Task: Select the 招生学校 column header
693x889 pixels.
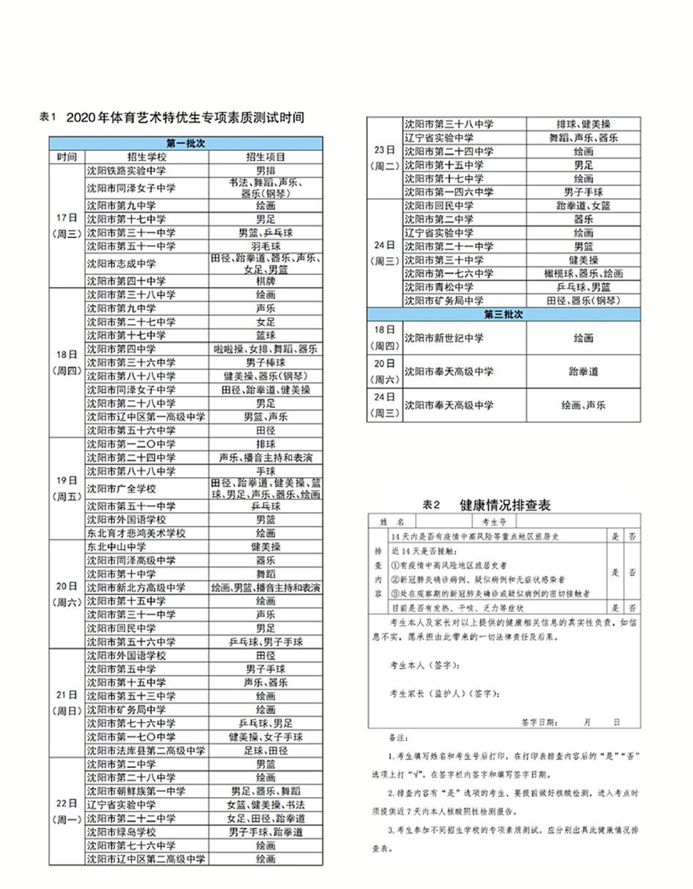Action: click(147, 156)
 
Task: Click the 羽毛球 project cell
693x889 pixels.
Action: click(265, 246)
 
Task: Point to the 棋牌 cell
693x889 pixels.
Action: click(265, 281)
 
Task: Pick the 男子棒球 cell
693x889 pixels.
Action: click(265, 362)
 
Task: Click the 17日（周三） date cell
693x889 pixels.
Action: click(67, 226)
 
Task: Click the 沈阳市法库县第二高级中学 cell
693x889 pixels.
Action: click(147, 750)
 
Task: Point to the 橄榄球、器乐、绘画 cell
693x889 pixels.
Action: click(583, 273)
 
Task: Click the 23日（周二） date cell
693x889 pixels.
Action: click(384, 158)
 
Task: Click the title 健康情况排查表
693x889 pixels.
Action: click(505, 505)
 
